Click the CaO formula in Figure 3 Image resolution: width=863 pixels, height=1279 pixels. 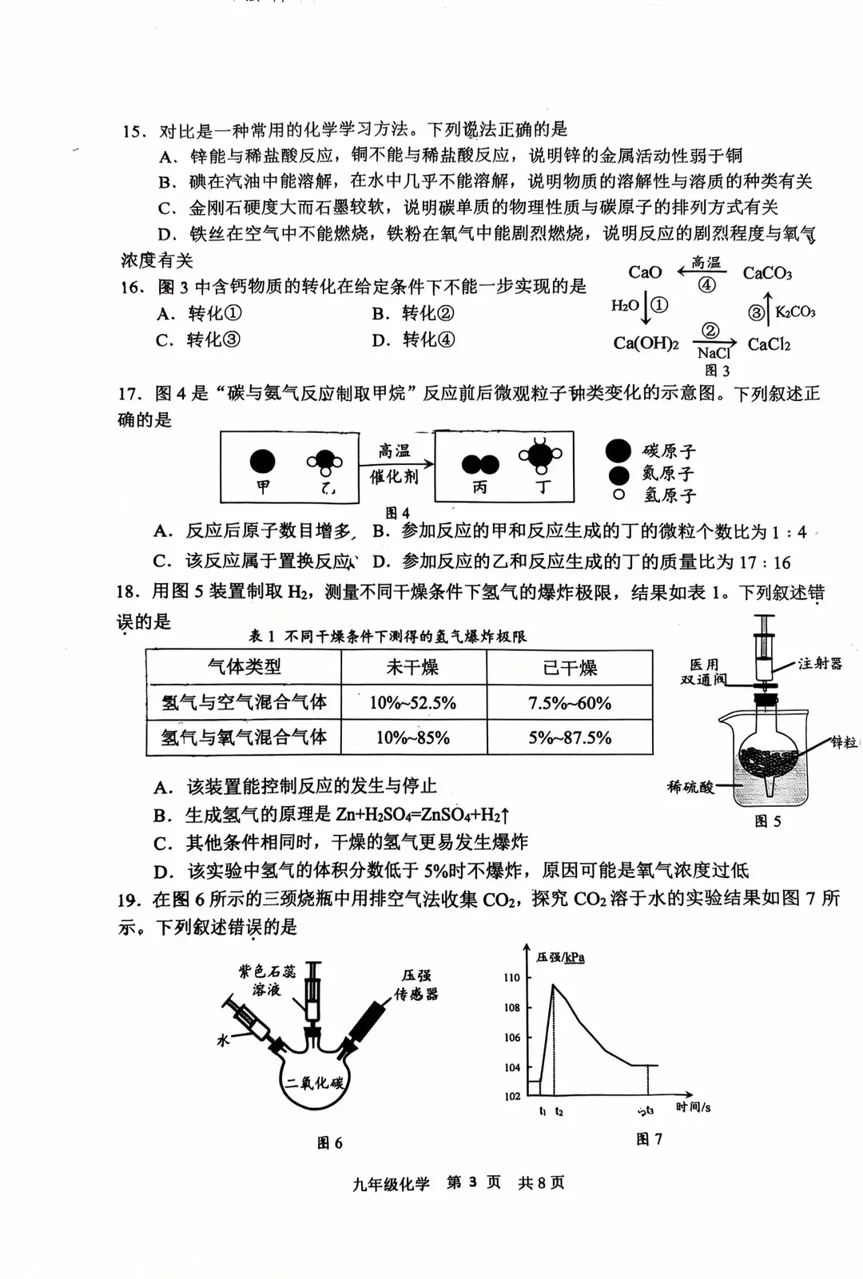(x=645, y=272)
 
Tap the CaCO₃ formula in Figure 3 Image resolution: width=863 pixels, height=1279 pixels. (x=767, y=274)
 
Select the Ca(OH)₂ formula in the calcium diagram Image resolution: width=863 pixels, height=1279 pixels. (x=646, y=344)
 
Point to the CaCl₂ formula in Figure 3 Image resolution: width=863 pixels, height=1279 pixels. (x=769, y=344)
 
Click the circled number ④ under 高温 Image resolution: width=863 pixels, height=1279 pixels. (x=706, y=284)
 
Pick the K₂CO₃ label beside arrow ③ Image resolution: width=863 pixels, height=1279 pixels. (x=795, y=312)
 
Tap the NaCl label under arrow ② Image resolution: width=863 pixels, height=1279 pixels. (x=713, y=353)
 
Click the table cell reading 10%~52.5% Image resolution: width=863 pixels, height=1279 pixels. (x=412, y=703)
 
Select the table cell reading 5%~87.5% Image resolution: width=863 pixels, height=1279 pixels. (x=569, y=737)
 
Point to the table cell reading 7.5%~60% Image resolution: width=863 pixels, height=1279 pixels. (x=569, y=703)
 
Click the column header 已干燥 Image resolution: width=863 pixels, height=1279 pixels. (x=569, y=668)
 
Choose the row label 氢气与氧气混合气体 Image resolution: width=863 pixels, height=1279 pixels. (x=244, y=737)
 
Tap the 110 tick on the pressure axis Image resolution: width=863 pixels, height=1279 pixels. (x=511, y=978)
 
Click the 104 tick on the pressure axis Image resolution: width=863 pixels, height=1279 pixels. (x=511, y=1067)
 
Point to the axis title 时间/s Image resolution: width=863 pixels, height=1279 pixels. (x=693, y=1107)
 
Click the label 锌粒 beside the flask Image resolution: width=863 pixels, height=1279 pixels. (x=844, y=742)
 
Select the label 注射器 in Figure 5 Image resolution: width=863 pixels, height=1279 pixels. (x=820, y=664)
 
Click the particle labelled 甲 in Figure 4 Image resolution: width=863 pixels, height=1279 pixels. (x=263, y=462)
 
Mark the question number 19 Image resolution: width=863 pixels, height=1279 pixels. (x=129, y=900)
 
